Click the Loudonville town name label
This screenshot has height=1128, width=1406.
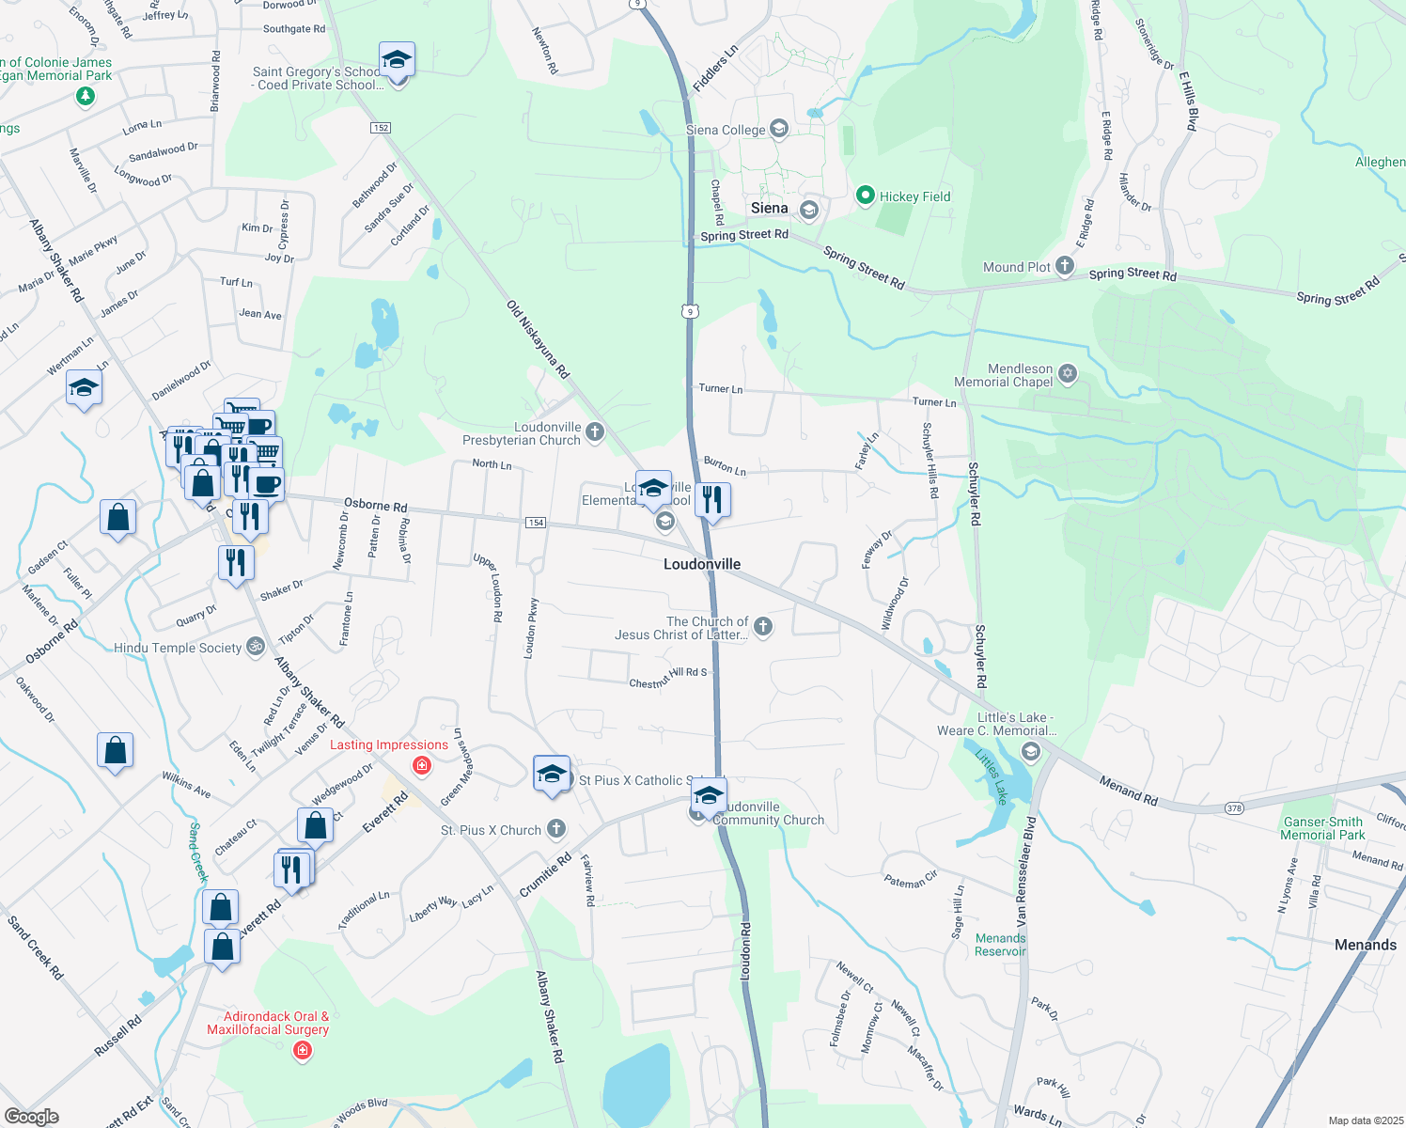pos(702,564)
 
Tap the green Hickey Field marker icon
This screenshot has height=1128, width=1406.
pos(866,196)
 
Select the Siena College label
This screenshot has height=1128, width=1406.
pos(726,130)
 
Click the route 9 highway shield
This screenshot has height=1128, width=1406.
pos(692,311)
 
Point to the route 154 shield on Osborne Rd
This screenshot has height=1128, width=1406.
pos(535,523)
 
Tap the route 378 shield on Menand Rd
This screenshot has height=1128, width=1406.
pos(1235,807)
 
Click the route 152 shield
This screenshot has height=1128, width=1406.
pos(381,128)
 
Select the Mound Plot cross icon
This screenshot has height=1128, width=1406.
pos(1064,267)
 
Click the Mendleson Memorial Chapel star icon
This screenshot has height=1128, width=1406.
pos(1067,374)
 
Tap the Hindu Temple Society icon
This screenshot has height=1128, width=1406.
pos(255,647)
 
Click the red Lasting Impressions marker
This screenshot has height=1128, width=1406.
pos(422,765)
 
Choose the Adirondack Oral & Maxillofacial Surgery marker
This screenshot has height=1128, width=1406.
pos(303,1050)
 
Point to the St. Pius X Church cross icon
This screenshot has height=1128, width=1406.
pos(556,829)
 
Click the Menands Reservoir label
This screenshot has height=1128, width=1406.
pos(1001,945)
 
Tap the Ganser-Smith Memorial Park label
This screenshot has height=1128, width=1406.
pos(1322,828)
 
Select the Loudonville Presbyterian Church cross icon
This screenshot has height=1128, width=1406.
pos(594,431)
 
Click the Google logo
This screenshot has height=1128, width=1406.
pos(32,1116)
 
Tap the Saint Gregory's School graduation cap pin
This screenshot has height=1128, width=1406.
pos(397,61)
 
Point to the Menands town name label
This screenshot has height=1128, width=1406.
pos(1365,945)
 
